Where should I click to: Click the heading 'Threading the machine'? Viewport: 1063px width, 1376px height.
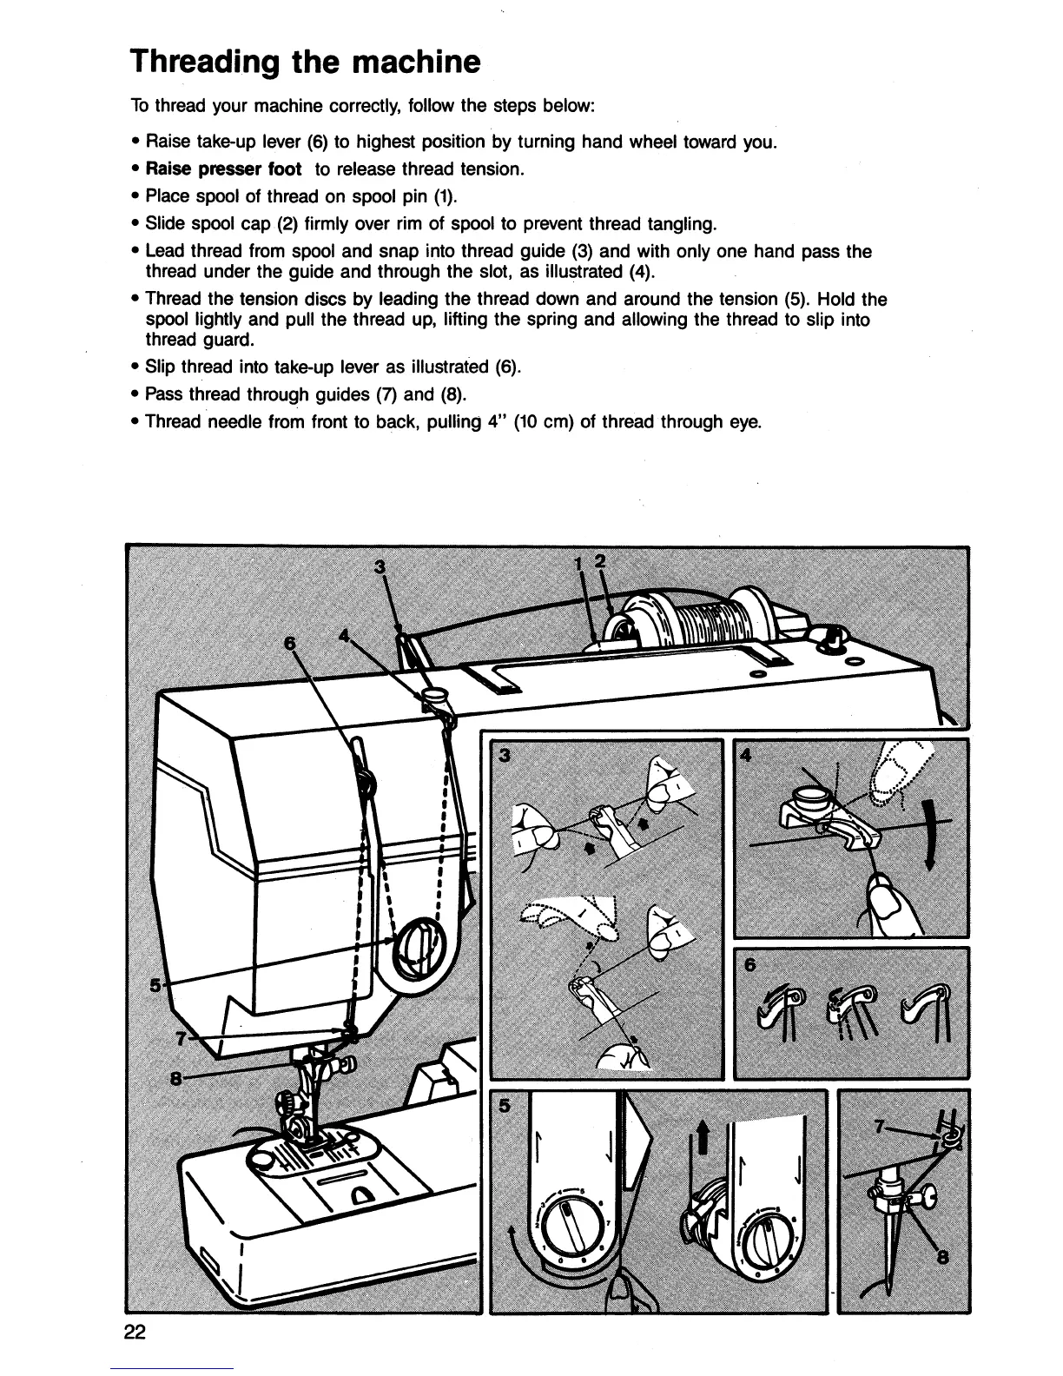[x=304, y=62]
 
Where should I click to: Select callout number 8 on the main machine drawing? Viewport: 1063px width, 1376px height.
[x=175, y=1080]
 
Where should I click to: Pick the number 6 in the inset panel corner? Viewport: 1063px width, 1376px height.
[x=749, y=965]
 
